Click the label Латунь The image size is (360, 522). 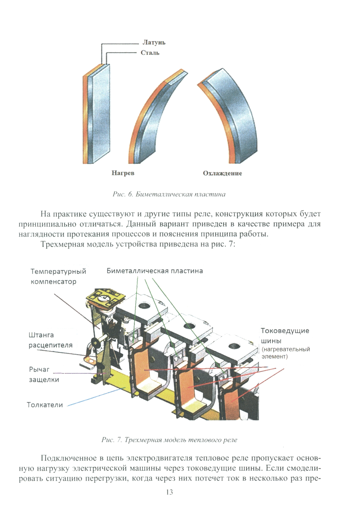pos(154,42)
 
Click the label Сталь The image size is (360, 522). pos(150,53)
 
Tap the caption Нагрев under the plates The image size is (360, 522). pos(123,173)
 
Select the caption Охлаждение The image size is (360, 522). pos(222,173)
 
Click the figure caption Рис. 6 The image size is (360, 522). pos(169,194)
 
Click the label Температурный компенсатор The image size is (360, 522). pos(58,276)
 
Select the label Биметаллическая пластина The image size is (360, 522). pos(154,271)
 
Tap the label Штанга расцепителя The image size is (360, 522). pos(50,340)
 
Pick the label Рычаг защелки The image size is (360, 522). pos(44,374)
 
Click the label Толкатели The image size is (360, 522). pos(45,405)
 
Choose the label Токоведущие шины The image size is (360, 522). pos(284,335)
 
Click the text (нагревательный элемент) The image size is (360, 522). pos(285,353)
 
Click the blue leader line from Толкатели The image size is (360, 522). pos(97,396)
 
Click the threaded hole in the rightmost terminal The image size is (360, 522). pos(233,346)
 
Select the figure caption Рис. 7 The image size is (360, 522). pos(169,440)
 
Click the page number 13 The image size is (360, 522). pos(170,492)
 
